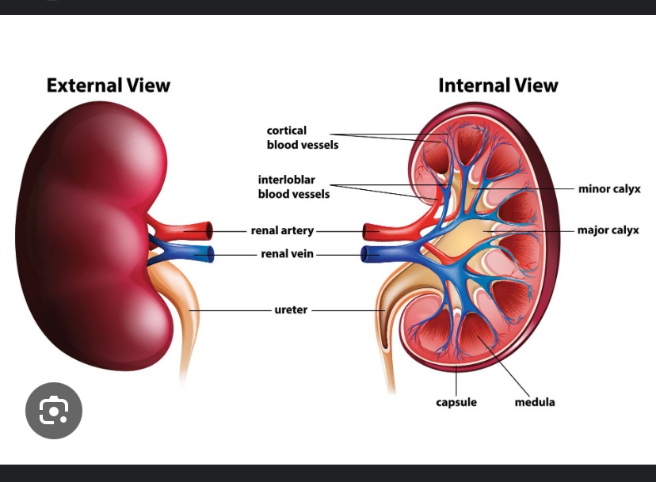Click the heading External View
(x=108, y=85)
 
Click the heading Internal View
(x=498, y=85)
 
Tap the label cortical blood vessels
(x=302, y=138)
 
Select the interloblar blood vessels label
(x=293, y=187)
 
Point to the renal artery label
(x=282, y=231)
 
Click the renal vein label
(x=288, y=254)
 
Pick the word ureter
(x=291, y=309)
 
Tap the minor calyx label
(x=608, y=189)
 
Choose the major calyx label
(x=608, y=230)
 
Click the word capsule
(x=456, y=402)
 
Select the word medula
(x=535, y=402)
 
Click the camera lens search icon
(x=54, y=411)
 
